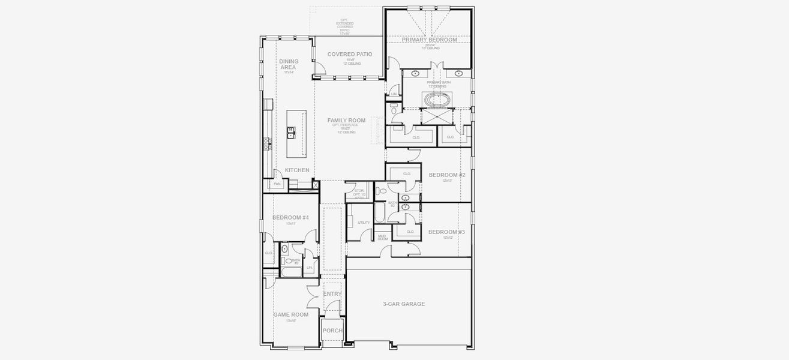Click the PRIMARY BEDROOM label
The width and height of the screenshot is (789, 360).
point(429,40)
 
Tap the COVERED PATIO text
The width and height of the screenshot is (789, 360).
point(349,54)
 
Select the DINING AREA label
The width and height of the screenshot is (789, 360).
point(289,64)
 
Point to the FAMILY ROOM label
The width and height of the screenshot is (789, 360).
point(346,120)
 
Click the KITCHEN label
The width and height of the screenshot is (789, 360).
point(297,170)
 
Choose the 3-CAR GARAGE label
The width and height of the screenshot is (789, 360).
point(404,304)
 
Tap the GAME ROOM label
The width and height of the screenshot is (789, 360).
point(291,314)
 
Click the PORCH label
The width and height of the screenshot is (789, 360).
point(332,331)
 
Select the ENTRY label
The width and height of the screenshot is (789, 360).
point(332,294)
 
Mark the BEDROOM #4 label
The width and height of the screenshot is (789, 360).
point(290,217)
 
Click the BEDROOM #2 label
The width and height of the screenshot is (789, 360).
point(446,175)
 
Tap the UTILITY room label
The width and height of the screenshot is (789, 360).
point(364,223)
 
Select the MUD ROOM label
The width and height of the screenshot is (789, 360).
point(382,238)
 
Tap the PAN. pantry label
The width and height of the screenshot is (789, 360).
point(277,184)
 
